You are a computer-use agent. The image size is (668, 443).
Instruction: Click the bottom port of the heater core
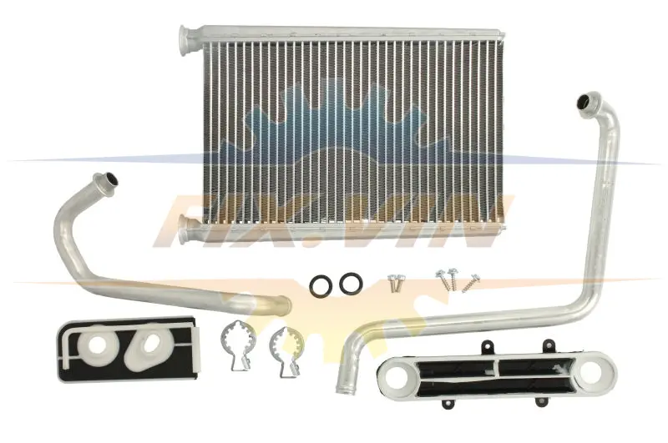[186, 229]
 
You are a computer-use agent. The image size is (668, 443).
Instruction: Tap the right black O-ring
[351, 283]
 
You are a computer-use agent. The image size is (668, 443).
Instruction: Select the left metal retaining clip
[237, 344]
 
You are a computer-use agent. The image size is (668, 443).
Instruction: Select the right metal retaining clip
[286, 350]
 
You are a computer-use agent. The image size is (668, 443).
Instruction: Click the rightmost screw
[471, 283]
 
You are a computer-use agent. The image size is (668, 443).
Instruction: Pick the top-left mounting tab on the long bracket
[487, 347]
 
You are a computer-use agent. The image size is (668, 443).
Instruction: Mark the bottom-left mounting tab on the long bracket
[447, 403]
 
